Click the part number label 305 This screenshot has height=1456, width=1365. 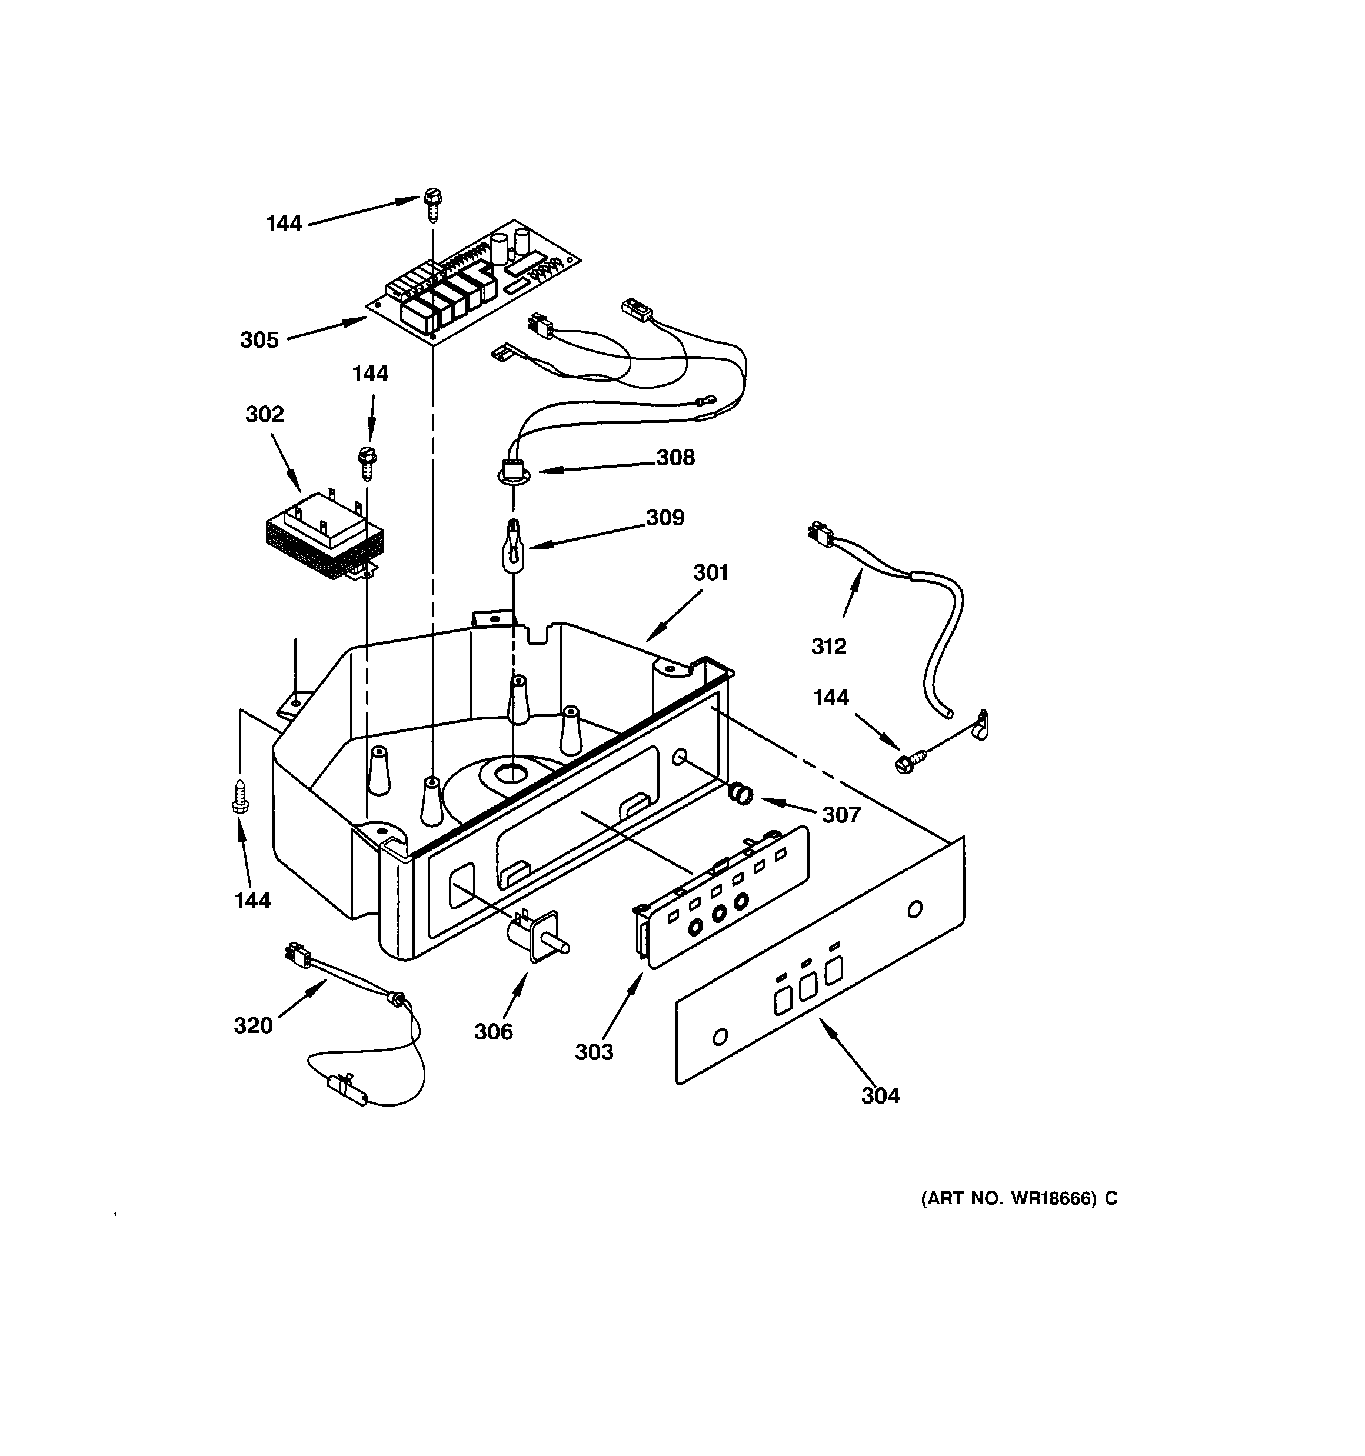click(259, 340)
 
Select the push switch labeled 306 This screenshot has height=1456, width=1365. click(537, 938)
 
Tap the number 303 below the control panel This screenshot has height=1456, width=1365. click(594, 1052)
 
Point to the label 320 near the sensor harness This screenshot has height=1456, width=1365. click(253, 1026)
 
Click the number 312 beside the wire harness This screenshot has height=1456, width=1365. click(828, 646)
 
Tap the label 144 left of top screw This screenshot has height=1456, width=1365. click(284, 224)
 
